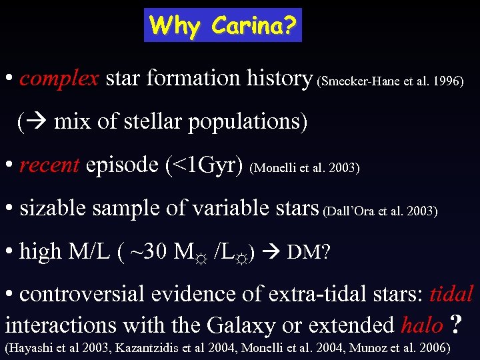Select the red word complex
(x=59, y=79)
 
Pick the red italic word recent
(x=49, y=165)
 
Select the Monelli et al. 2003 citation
(x=305, y=168)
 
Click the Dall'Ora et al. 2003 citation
(x=380, y=211)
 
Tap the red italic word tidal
(x=451, y=293)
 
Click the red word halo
(x=421, y=325)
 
